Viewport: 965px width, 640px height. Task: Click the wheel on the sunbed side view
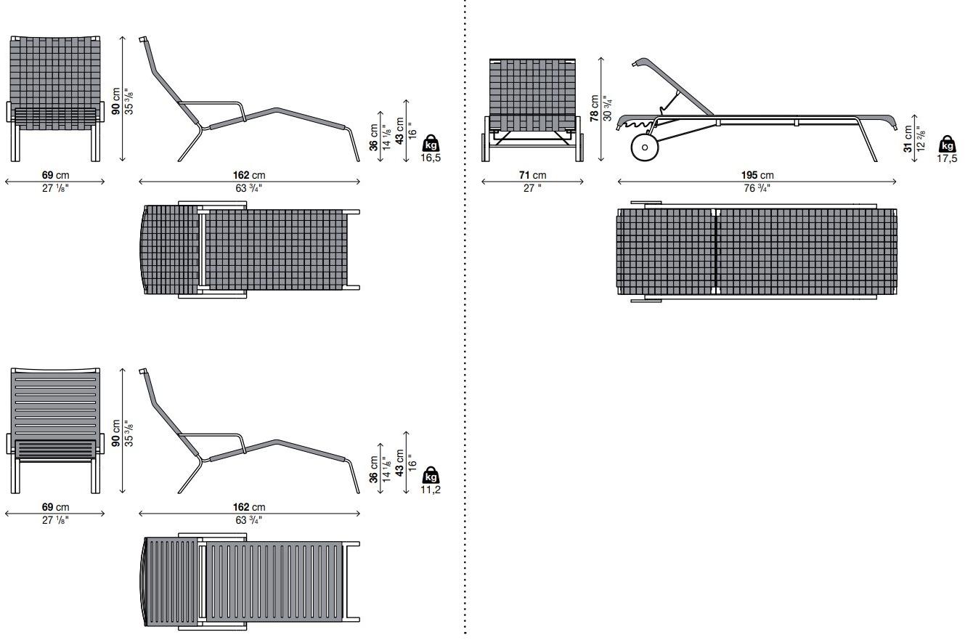coord(645,147)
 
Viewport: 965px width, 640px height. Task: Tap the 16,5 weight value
coord(431,158)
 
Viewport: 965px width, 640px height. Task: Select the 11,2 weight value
coord(431,490)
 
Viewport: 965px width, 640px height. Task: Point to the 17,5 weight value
coord(947,158)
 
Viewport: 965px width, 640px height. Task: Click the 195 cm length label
coord(757,175)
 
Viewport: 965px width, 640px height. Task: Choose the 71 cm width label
coord(532,175)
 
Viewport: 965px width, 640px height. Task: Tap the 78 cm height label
coord(595,108)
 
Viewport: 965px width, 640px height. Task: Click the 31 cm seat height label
coord(908,139)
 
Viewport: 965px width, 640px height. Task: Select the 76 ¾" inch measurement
coord(757,188)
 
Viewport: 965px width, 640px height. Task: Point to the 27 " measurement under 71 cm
coord(532,188)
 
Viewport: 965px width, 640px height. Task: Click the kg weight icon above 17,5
coord(948,144)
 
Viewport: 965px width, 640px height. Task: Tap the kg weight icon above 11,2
coord(431,475)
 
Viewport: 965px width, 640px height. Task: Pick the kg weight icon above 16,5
coord(431,143)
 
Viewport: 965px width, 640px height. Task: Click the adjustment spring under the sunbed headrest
coord(636,124)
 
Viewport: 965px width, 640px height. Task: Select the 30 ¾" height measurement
coord(608,108)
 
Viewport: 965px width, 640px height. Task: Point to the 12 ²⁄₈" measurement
coord(921,138)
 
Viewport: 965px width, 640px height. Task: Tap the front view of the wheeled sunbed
coord(532,110)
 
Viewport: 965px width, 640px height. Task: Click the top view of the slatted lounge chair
coord(250,581)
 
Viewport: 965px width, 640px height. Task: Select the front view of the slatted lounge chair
coord(55,431)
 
